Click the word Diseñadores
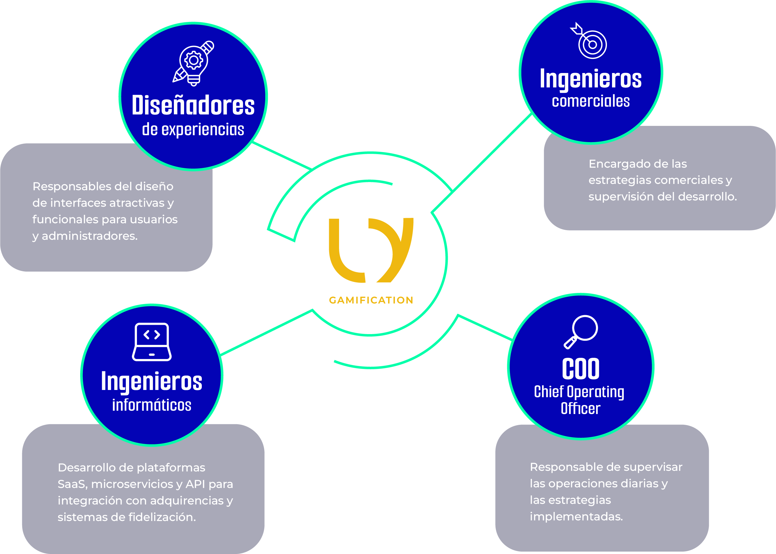click(x=193, y=105)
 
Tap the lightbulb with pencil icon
click(x=193, y=63)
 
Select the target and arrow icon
click(x=589, y=41)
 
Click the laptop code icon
click(x=152, y=342)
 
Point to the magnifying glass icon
click(x=580, y=332)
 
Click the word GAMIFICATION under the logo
click(x=371, y=300)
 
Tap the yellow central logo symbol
click(x=371, y=250)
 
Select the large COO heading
click(x=580, y=369)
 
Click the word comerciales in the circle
click(x=591, y=101)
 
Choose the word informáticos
click(x=152, y=405)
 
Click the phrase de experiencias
click(x=193, y=129)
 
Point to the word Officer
click(x=580, y=408)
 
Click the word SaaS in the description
click(x=71, y=484)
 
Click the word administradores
click(x=90, y=236)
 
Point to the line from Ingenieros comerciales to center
click(x=481, y=163)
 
